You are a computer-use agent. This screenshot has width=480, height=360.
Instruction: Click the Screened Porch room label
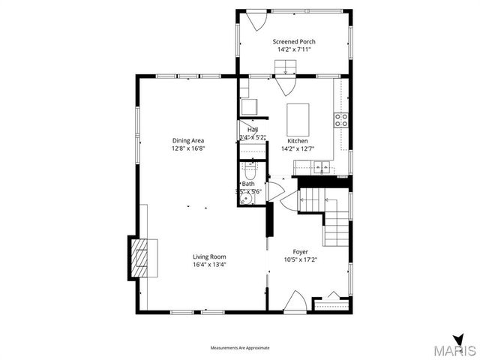pyautogui.click(x=294, y=41)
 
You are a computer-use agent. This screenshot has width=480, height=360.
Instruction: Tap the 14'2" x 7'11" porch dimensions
pyautogui.click(x=294, y=49)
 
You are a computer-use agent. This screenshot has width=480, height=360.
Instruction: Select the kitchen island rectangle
pyautogui.click(x=298, y=118)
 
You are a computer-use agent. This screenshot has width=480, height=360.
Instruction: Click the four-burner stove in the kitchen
pyautogui.click(x=341, y=118)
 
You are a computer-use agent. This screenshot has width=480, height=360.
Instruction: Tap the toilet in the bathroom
pyautogui.click(x=250, y=172)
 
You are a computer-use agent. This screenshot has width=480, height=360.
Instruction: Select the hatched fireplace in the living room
pyautogui.click(x=140, y=257)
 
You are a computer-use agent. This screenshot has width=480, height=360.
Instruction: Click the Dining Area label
pyautogui.click(x=188, y=140)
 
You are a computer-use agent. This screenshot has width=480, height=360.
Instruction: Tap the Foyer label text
pyautogui.click(x=300, y=252)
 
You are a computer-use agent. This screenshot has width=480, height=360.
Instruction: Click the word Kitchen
pyautogui.click(x=298, y=140)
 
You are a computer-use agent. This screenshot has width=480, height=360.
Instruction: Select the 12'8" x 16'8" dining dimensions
pyautogui.click(x=188, y=148)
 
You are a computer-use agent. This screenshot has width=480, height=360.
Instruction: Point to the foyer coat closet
pyautogui.click(x=331, y=304)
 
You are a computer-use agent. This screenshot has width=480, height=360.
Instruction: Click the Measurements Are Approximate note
pyautogui.click(x=239, y=348)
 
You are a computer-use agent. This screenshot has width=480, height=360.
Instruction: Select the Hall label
pyautogui.click(x=252, y=130)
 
